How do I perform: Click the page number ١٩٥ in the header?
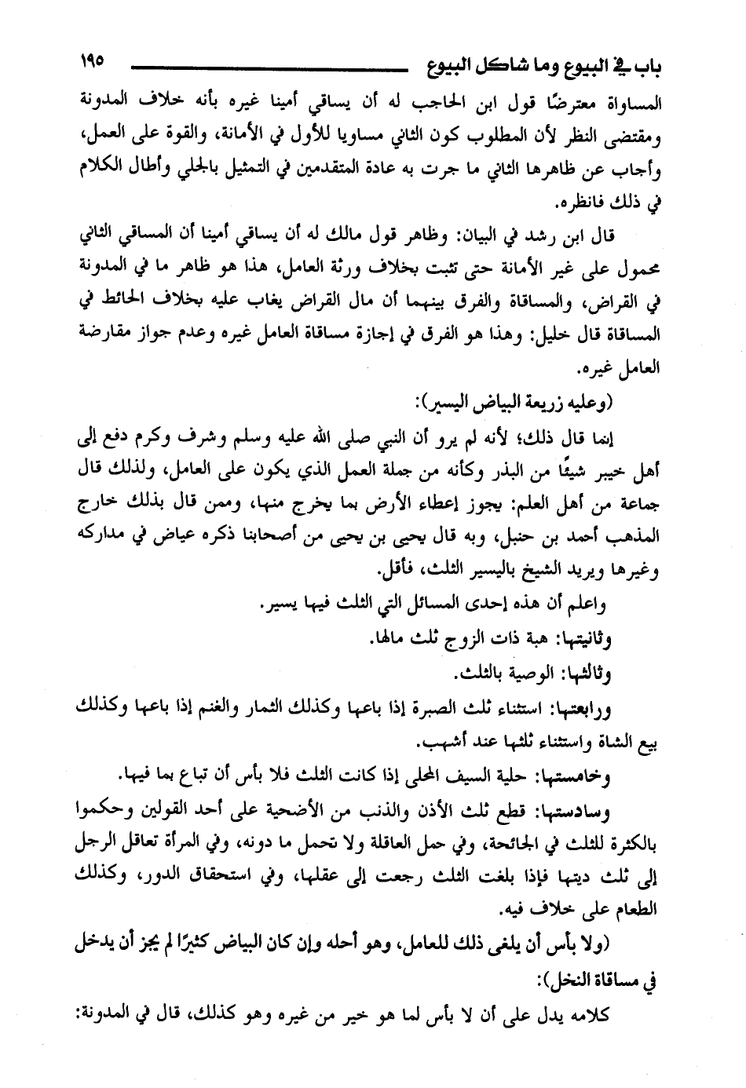(x=92, y=61)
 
